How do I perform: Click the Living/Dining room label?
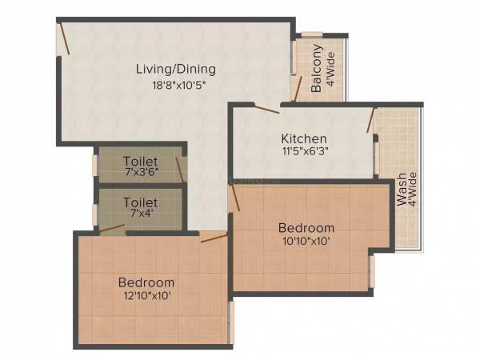point(175,69)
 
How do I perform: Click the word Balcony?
point(317,69)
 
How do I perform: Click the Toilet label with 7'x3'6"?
point(140,160)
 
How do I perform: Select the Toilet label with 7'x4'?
point(140,203)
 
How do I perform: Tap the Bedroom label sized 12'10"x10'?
point(146,282)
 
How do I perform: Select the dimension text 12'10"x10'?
point(146,296)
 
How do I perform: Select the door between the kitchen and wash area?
point(370,120)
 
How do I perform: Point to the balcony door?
point(297,89)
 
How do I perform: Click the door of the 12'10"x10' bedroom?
point(214,238)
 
